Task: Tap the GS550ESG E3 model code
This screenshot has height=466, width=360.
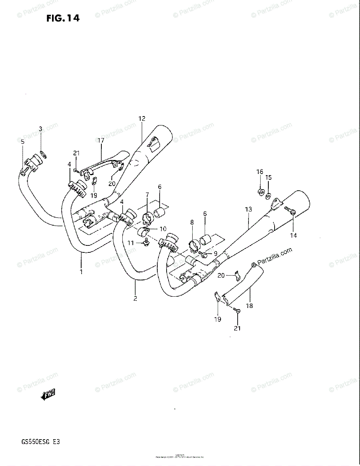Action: (x=38, y=442)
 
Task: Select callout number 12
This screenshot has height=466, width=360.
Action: (x=141, y=118)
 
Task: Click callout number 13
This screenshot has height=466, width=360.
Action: (x=249, y=210)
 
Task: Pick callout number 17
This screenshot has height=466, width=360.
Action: (x=101, y=140)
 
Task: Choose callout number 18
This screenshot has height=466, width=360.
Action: (x=249, y=306)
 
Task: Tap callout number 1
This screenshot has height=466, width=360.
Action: (x=81, y=272)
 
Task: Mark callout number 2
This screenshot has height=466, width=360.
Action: (x=135, y=298)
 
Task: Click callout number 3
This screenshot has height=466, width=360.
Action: (x=40, y=129)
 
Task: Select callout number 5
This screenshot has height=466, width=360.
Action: (x=23, y=142)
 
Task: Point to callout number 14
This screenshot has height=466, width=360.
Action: (x=293, y=235)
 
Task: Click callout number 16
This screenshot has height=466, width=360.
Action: (x=259, y=172)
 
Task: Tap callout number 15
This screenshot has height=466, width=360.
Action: (x=268, y=177)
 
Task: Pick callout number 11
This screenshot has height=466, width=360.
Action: (x=130, y=243)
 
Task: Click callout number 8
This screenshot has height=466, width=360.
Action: (x=192, y=223)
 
